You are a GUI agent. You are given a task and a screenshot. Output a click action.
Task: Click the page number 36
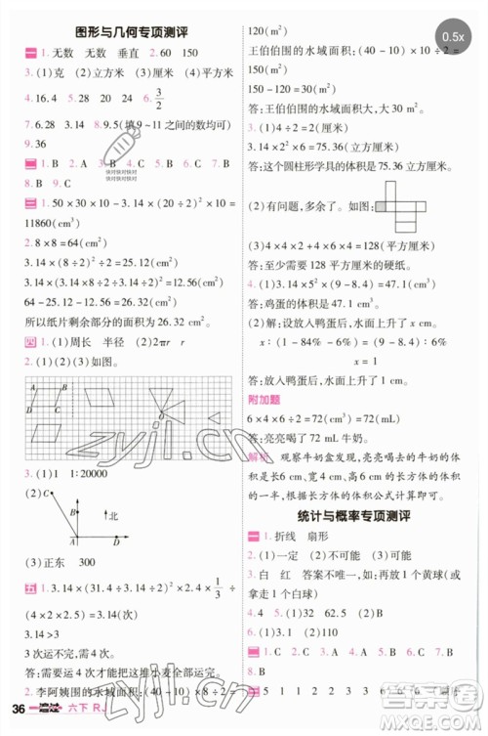click(x=17, y=722)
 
